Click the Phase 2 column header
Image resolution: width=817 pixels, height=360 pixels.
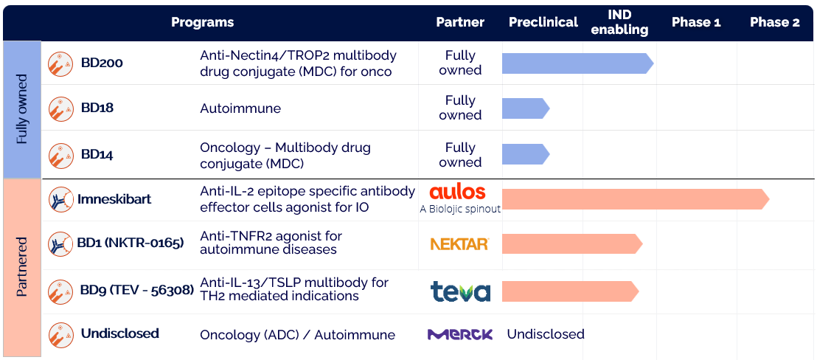tap(774, 22)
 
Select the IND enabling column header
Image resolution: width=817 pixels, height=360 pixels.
tap(619, 23)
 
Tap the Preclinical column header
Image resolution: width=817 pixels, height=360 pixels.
tap(543, 22)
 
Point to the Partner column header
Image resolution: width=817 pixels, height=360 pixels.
tap(460, 22)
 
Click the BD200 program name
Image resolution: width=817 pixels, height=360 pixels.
tap(102, 63)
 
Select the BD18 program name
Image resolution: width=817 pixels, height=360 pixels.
tap(97, 108)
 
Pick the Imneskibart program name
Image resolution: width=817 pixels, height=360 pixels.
tap(114, 198)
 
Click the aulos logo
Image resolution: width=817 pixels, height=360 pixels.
tap(457, 192)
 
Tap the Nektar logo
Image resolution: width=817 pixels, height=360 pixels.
tap(459, 243)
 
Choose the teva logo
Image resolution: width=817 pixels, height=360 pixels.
tap(460, 291)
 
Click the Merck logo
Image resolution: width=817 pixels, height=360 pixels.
tap(460, 334)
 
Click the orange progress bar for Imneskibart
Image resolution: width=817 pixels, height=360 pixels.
tap(635, 199)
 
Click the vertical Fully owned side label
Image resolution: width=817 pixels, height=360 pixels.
tap(21, 109)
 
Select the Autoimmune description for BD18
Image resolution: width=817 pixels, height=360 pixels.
tap(240, 108)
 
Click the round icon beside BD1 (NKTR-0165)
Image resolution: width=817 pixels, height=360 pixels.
tap(60, 243)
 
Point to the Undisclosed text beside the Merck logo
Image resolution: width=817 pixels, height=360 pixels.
tap(546, 334)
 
